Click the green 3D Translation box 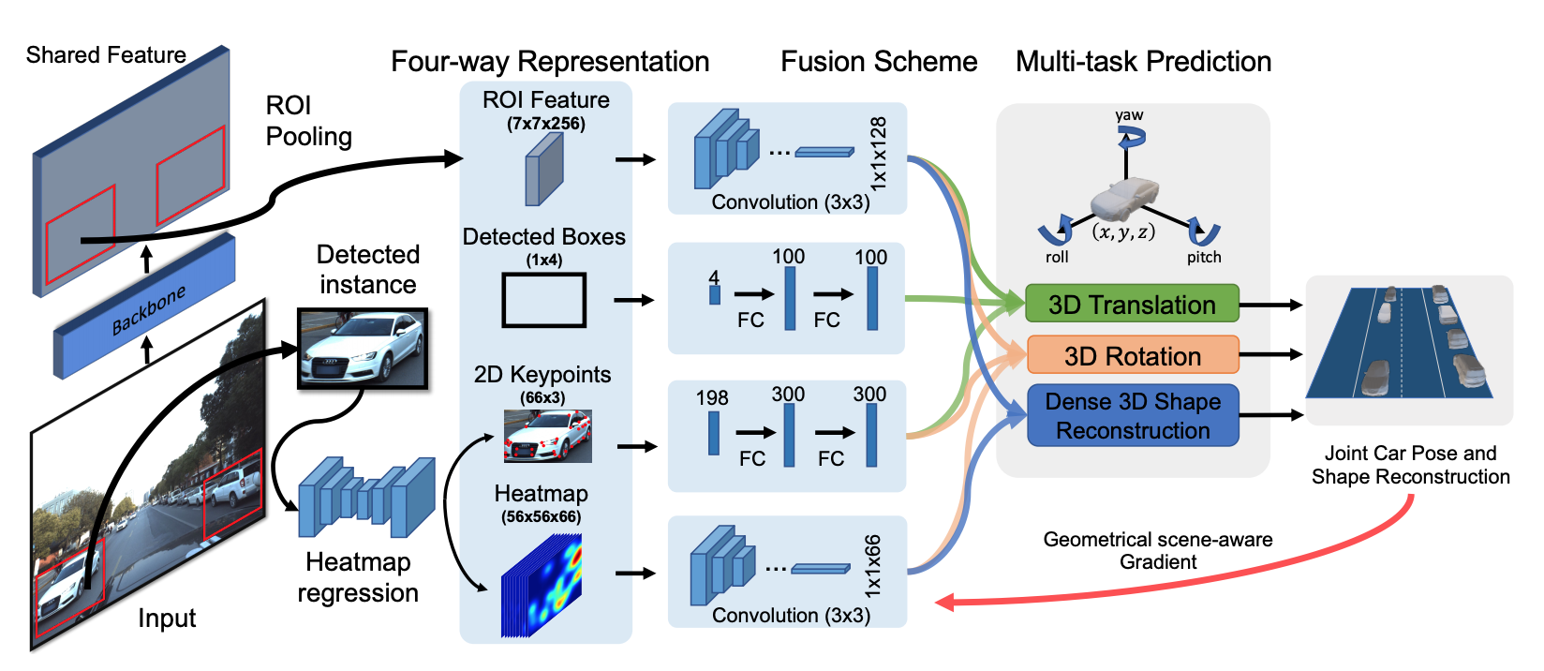tap(1132, 305)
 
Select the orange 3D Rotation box tap(1132, 356)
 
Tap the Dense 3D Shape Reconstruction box tap(1133, 415)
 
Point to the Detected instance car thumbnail tap(363, 348)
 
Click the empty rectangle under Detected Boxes tap(543, 300)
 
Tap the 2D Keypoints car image tap(547, 436)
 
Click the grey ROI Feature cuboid tap(544, 169)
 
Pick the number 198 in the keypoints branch tap(712, 398)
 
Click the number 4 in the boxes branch tap(714, 277)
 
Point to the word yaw tap(1129, 115)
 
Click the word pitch tap(1204, 258)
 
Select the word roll tap(1057, 258)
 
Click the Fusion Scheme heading tap(879, 62)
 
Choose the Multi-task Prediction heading tap(1143, 62)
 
